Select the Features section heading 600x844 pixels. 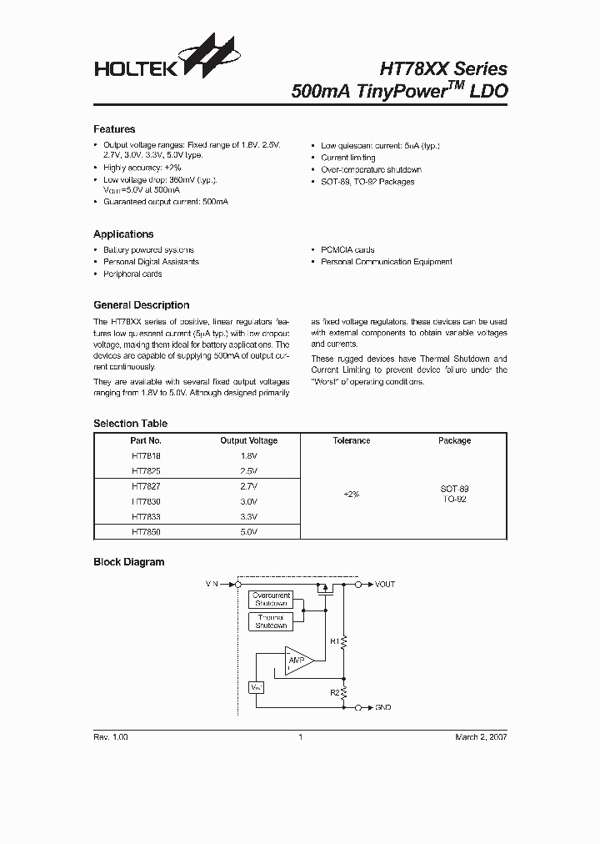(x=114, y=129)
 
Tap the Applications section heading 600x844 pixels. (x=123, y=234)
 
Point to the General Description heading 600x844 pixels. (x=141, y=305)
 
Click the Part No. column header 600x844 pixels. (x=146, y=440)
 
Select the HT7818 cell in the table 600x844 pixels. (x=146, y=455)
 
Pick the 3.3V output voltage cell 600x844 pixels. (x=248, y=516)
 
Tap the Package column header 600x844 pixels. (x=454, y=440)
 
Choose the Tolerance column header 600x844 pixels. (x=351, y=440)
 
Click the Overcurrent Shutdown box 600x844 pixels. (x=271, y=599)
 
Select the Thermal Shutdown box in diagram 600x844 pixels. (x=271, y=621)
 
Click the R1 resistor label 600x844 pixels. (x=334, y=641)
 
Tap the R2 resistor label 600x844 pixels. (x=334, y=691)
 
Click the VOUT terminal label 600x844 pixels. (x=385, y=585)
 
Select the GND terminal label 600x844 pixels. (x=383, y=707)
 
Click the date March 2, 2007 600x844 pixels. (x=480, y=737)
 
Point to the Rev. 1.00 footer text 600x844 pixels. (x=111, y=737)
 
